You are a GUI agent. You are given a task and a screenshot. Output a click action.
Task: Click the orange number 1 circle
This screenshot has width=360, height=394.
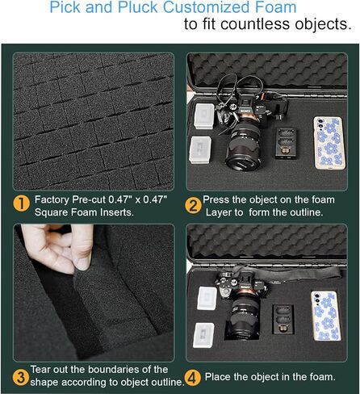coord(22,203)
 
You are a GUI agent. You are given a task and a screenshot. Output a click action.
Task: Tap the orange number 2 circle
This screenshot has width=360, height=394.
coord(193,206)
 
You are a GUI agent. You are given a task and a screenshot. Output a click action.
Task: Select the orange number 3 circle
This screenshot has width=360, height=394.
coord(21,378)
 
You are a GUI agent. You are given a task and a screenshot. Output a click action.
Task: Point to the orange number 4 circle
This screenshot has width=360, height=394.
coord(192,378)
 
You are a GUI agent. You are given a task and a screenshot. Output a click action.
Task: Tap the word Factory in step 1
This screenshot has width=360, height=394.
coord(52,200)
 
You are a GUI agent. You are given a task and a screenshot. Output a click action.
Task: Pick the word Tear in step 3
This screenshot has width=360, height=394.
coord(40,370)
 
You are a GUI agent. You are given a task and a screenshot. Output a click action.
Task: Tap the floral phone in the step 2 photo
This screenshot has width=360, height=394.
coord(329,143)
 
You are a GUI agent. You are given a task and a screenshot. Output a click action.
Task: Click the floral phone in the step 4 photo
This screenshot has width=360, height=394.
coord(325,316)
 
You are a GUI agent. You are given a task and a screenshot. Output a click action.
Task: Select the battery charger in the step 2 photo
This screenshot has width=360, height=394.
coord(286,144)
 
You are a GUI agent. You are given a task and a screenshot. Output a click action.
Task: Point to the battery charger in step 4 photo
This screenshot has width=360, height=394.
coord(283,320)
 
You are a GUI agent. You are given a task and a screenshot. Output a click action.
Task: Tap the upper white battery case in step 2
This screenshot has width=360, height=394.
coord(204,116)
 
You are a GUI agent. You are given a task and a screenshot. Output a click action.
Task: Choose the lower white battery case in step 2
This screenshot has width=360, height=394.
coord(200,150)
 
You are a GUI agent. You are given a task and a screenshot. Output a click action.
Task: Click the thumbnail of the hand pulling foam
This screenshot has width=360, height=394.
coord(94,292)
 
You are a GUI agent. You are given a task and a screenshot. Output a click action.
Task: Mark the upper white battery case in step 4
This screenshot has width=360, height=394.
coord(207,298)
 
